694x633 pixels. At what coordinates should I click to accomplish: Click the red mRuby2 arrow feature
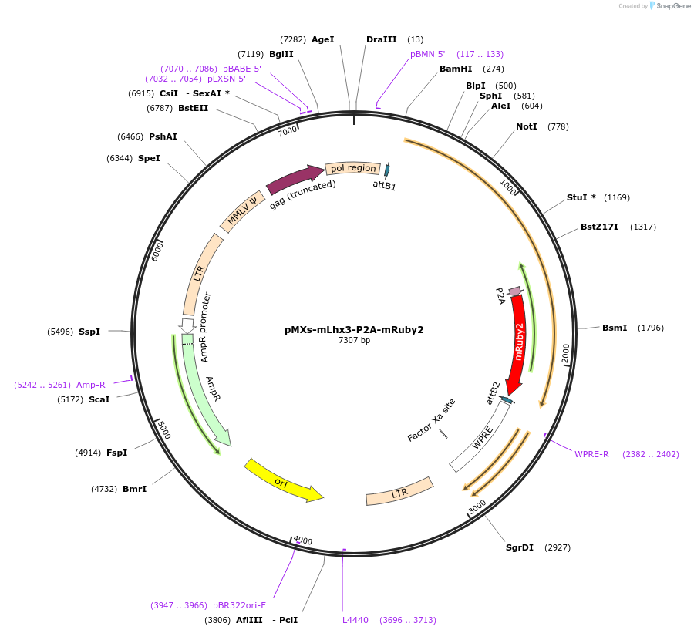tap(518, 339)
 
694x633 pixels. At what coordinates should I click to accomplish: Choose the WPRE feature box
tap(480, 438)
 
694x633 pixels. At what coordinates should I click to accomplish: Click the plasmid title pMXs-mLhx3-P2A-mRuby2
tap(354, 329)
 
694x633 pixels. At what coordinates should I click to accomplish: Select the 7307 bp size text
tap(354, 340)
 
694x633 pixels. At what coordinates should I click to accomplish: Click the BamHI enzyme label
tap(456, 69)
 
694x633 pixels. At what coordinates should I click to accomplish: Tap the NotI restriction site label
tap(527, 126)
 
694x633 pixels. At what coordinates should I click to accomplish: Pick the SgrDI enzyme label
tap(520, 547)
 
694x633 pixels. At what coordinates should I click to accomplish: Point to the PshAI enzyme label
tap(163, 136)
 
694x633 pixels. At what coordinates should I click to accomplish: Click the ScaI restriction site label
tap(99, 399)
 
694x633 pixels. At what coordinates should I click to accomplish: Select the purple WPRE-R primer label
tap(591, 454)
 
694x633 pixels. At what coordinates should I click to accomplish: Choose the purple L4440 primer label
tap(355, 619)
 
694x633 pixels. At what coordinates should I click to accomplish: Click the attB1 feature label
tap(384, 185)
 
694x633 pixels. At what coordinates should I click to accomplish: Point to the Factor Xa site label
tap(431, 420)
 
